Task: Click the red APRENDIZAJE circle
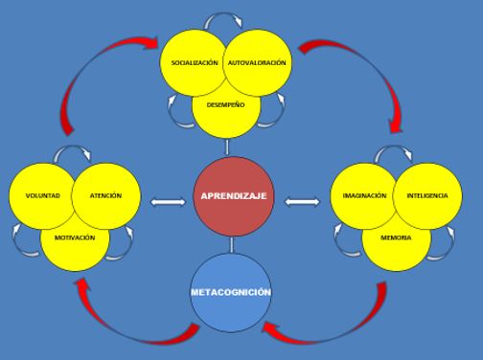coord(233,195)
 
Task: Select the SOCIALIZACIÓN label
coord(194,63)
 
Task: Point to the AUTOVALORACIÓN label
coord(257,63)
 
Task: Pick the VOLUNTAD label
coord(43,196)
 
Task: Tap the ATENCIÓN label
coord(105,196)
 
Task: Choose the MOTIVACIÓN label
coord(75,236)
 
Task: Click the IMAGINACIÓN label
coord(364,195)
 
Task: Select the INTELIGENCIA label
coord(427,195)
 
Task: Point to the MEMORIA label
coord(395,236)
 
